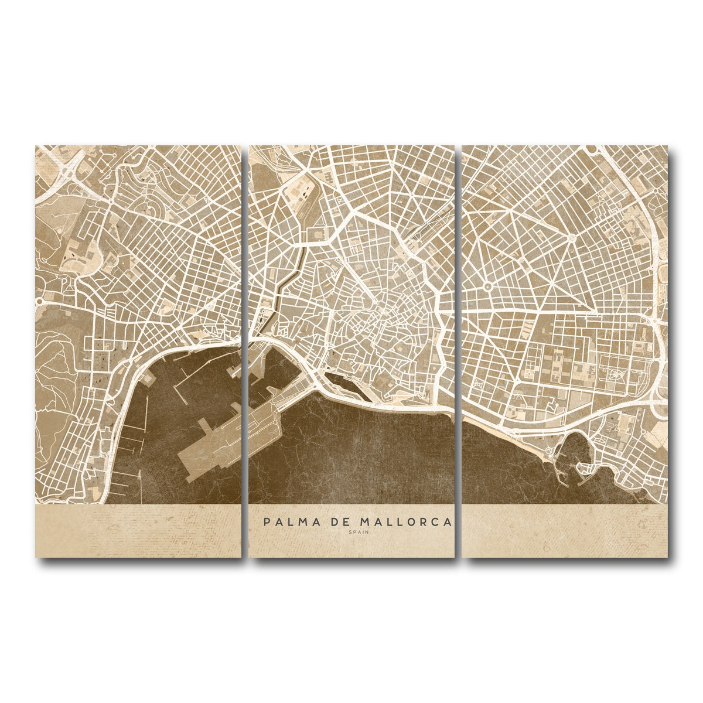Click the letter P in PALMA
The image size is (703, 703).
(267, 521)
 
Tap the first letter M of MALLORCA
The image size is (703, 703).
(364, 521)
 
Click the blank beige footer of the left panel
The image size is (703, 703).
(138, 530)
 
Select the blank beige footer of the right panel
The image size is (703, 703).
(565, 530)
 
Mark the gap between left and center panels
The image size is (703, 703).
(245, 351)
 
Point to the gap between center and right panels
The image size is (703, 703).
(458, 351)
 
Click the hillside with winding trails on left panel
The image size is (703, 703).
(56, 363)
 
